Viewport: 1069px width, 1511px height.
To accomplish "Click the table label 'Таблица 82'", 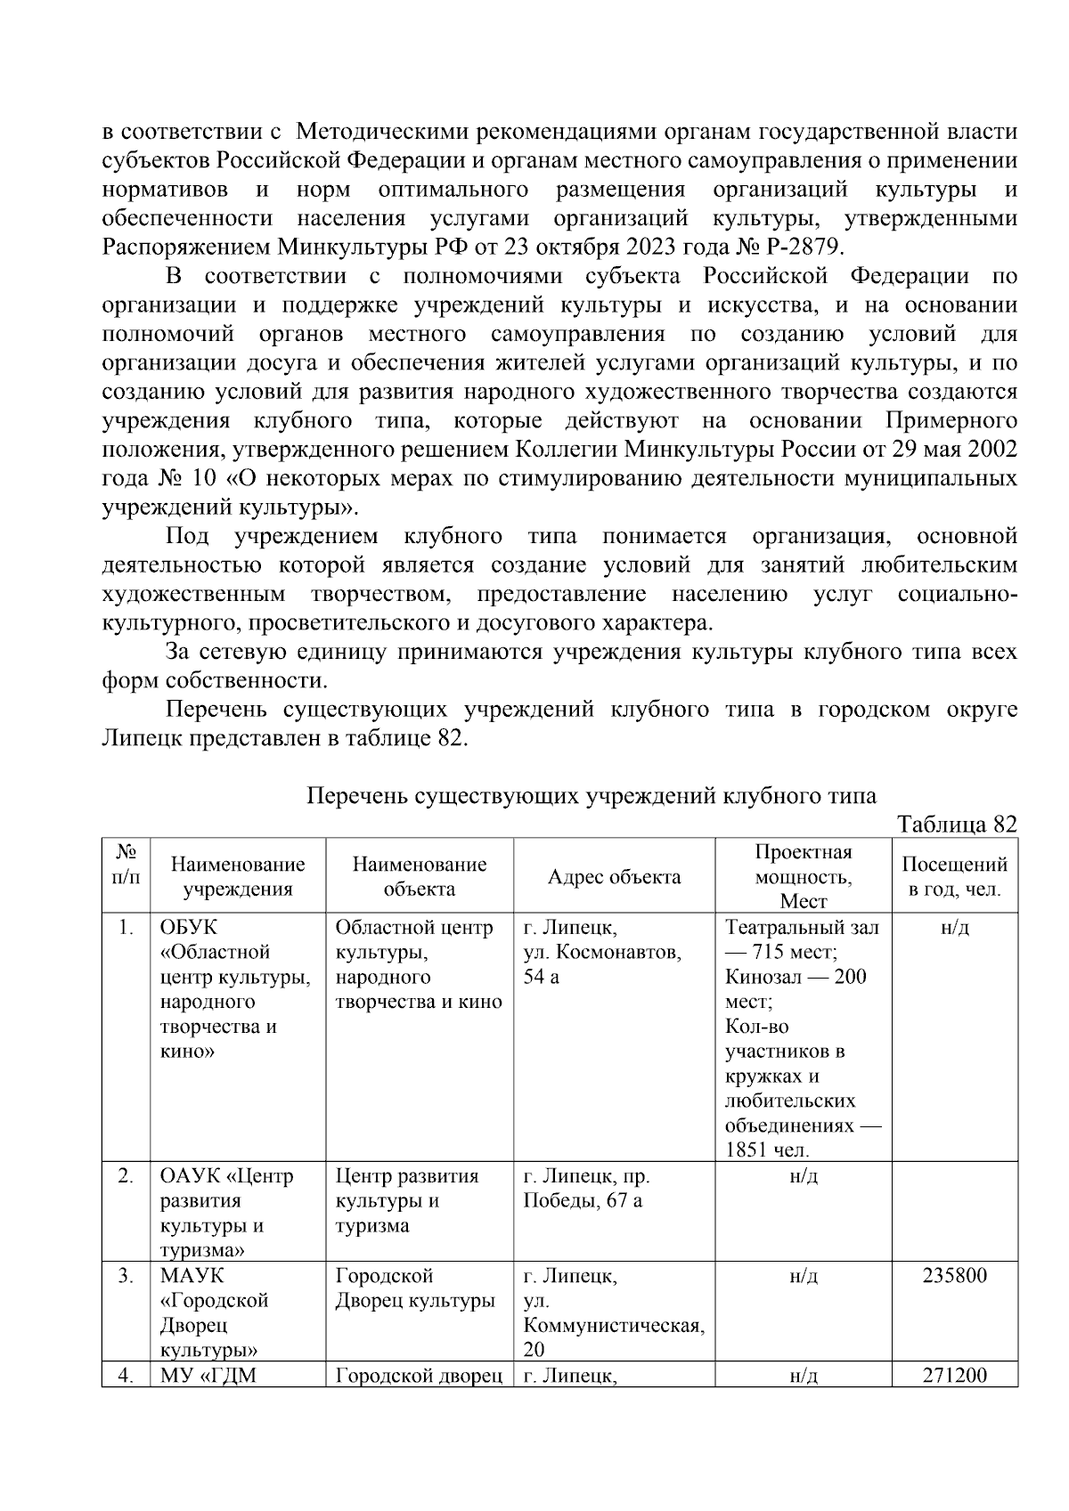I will (957, 824).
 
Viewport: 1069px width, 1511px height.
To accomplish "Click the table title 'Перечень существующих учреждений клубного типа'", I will (591, 795).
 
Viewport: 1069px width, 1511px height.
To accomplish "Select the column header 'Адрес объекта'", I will (614, 877).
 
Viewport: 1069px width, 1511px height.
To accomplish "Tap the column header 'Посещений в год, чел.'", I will (954, 877).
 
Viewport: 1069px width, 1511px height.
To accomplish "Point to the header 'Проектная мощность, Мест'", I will (803, 877).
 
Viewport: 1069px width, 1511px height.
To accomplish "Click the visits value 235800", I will (954, 1276).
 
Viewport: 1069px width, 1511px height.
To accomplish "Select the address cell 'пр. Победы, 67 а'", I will (585, 1189).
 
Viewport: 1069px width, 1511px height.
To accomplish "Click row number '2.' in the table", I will (126, 1176).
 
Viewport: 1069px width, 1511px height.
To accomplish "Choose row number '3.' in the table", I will (126, 1276).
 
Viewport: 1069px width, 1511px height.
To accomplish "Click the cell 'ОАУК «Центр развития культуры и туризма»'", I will (226, 1213).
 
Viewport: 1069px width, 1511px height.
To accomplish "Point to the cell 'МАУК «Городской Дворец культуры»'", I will (214, 1312).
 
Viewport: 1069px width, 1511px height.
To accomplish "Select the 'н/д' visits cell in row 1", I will (954, 928).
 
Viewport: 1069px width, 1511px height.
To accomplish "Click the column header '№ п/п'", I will (126, 865).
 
